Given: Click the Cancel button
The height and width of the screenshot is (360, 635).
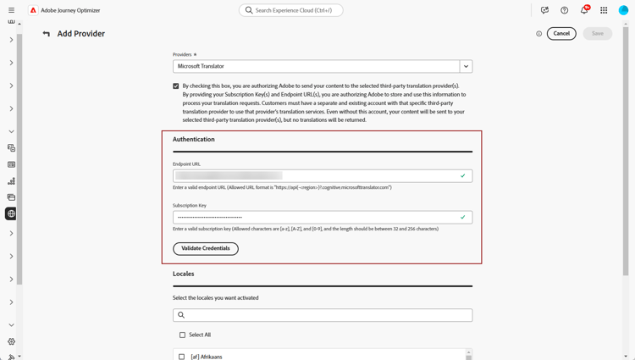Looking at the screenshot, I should (561, 34).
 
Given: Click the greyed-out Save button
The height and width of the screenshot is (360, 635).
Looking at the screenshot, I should (597, 34).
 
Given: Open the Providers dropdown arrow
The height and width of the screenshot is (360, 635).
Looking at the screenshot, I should (466, 66).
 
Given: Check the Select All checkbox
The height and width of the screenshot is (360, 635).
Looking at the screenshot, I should (182, 335).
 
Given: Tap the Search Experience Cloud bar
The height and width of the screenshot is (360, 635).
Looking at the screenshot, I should (291, 10).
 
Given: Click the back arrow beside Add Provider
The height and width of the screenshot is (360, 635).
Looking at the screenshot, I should (47, 34).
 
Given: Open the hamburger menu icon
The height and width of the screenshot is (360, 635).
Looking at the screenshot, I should (11, 10).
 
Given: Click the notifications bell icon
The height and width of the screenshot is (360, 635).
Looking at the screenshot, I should (584, 10).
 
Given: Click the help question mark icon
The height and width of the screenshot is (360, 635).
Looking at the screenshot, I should (565, 10).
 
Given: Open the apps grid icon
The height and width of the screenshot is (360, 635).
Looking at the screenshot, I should (604, 10).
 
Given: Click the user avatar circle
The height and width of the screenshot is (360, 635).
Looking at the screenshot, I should (624, 10).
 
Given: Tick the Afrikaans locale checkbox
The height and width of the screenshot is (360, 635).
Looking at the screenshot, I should (182, 357).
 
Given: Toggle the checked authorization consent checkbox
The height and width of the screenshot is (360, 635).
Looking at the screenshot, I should (176, 86).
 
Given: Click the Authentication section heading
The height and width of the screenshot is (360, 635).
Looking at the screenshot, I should (194, 139).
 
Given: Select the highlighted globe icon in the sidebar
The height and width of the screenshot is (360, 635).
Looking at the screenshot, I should (11, 213).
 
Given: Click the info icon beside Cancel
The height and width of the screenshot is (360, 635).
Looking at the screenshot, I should (538, 34).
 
